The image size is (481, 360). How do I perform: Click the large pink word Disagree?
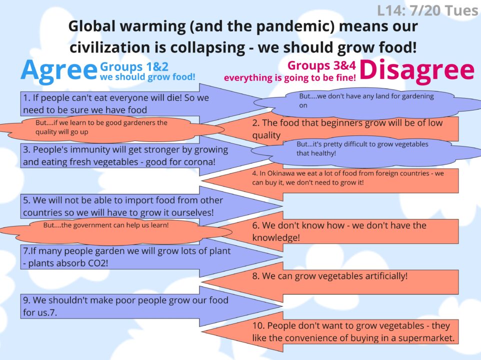pos(417,70)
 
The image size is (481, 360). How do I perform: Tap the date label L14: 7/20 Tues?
pos(427,10)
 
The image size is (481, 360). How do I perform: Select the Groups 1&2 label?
pos(134,66)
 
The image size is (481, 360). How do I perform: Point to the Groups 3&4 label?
pos(321,65)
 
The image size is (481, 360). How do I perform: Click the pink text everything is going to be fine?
pos(289,78)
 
